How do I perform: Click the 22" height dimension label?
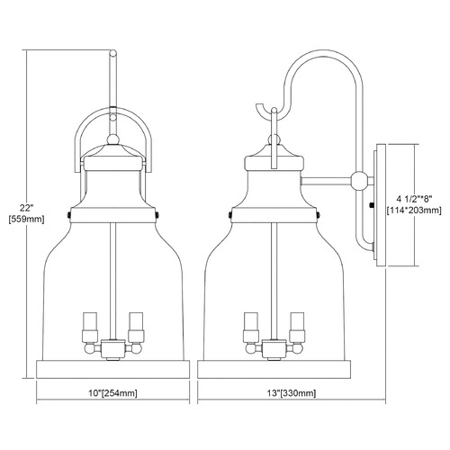pos(26,207)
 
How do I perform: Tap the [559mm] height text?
pos(26,220)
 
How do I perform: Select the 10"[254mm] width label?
pos(113,393)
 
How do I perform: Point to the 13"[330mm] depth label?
pos(291,393)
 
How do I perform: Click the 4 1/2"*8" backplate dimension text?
pos(414,199)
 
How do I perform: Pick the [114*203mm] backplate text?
pos(414,211)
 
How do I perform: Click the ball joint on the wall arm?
pos(359,181)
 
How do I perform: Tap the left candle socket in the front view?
pos(90,328)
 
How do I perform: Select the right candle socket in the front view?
pos(136,328)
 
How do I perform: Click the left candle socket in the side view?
pos(251,328)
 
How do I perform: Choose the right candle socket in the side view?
pos(297,328)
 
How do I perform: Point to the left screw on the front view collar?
pos(68,215)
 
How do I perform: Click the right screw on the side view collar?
pos(319,215)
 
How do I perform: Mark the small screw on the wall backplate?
pos(372,205)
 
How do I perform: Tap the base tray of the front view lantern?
pos(113,369)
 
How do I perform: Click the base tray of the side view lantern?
pos(274,369)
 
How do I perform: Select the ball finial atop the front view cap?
pos(113,139)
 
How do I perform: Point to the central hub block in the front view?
pos(113,348)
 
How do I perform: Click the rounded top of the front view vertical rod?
pos(113,53)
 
